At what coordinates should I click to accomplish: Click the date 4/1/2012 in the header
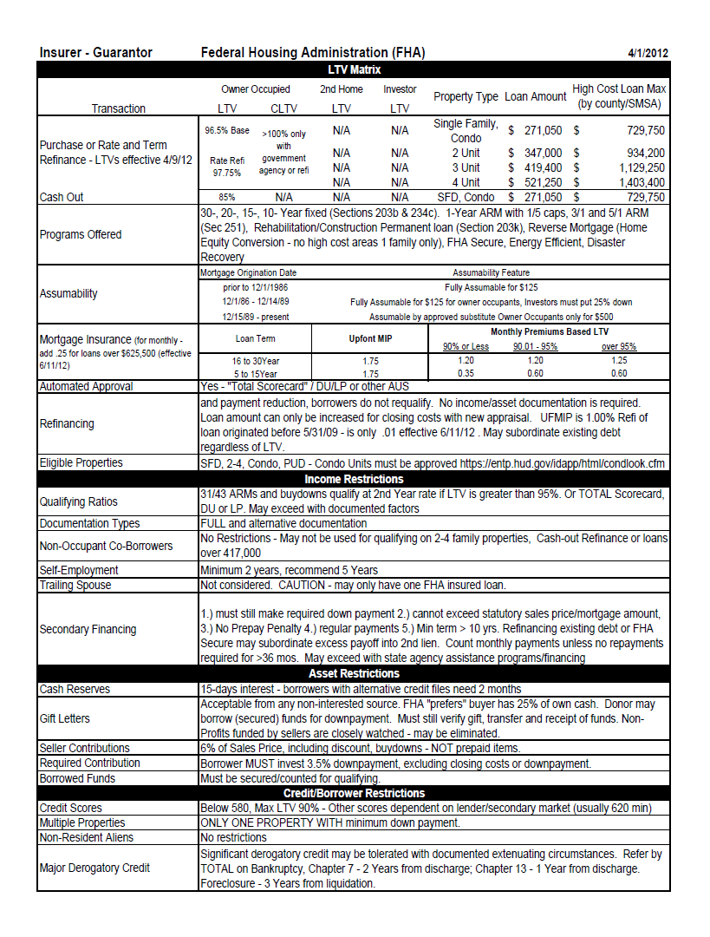648,53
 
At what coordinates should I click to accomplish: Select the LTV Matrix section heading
354,69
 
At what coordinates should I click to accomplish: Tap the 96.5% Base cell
226,131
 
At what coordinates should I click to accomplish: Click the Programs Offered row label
81,234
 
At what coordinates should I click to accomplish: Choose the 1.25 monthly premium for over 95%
619,360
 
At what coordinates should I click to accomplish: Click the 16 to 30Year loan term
255,360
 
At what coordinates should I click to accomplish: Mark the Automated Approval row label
86,387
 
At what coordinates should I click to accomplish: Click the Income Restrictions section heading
354,479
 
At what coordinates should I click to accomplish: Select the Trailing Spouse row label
75,585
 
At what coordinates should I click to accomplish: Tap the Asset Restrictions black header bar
354,673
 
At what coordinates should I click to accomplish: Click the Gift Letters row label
64,718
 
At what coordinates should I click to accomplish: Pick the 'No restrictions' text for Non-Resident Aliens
233,837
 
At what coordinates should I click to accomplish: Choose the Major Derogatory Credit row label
94,868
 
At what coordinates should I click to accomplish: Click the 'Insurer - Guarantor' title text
95,53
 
